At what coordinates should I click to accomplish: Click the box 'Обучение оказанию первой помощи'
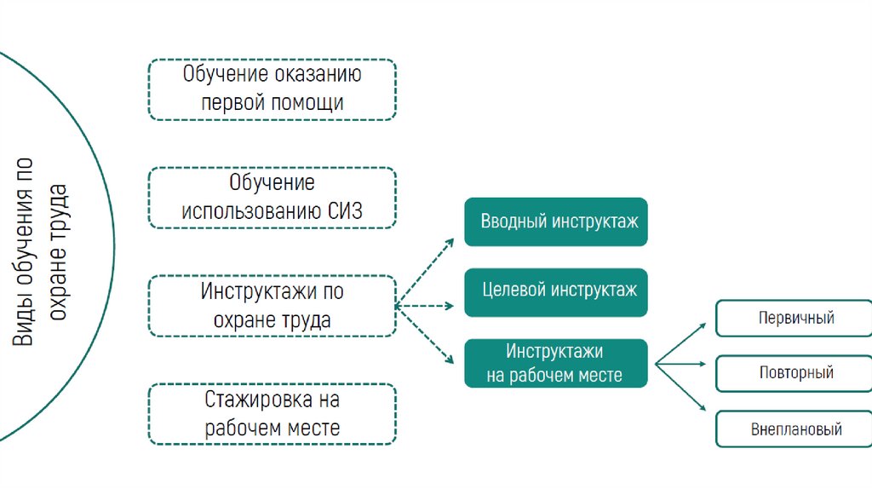pyautogui.click(x=272, y=89)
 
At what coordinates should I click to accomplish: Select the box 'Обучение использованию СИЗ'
pyautogui.click(x=272, y=197)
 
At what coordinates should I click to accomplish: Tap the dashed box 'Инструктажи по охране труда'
pyautogui.click(x=272, y=305)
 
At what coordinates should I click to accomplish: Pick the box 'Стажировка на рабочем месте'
pyautogui.click(x=272, y=413)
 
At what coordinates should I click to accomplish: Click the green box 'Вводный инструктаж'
pyautogui.click(x=556, y=221)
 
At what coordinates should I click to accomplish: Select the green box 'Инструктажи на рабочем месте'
pyautogui.click(x=556, y=363)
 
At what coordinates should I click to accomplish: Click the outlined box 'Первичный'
pyautogui.click(x=795, y=319)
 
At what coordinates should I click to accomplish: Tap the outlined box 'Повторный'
pyautogui.click(x=795, y=373)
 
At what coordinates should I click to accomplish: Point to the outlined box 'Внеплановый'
pyautogui.click(x=795, y=429)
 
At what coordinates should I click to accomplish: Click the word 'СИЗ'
pyautogui.click(x=345, y=211)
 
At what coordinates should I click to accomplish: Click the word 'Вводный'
pyautogui.click(x=513, y=221)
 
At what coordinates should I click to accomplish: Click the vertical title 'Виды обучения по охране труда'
pyautogui.click(x=39, y=251)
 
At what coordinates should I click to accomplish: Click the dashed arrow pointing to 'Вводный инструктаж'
pyautogui.click(x=426, y=270)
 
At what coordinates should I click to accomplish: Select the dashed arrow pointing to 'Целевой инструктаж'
pyautogui.click(x=426, y=305)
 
